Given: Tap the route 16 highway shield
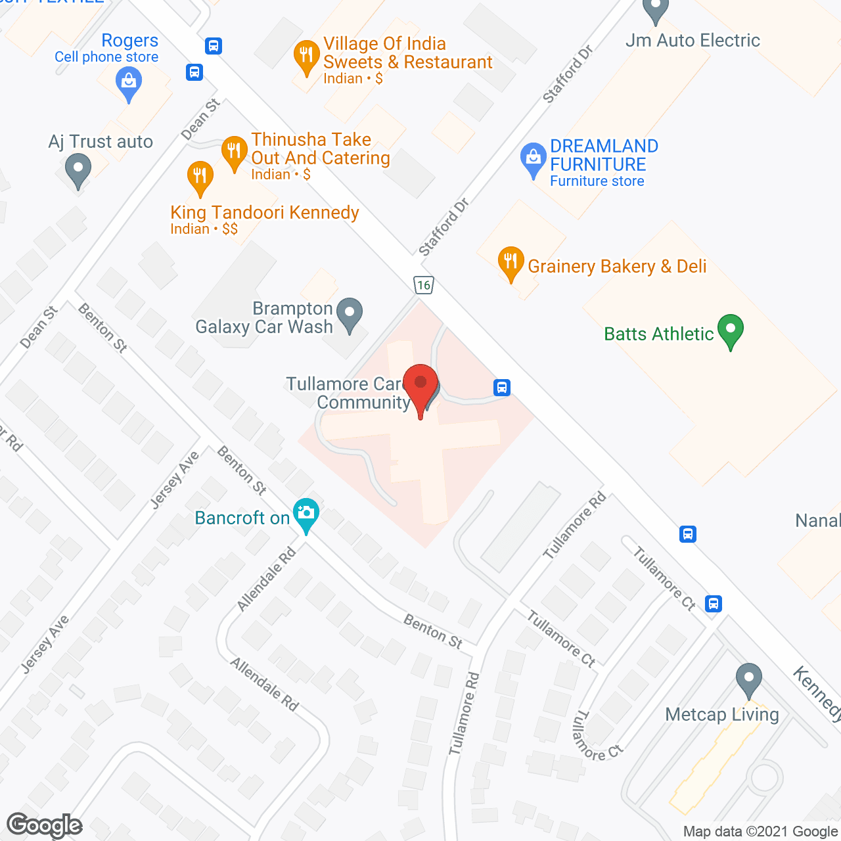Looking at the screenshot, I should [424, 285].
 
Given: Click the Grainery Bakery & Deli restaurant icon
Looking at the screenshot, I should [511, 263].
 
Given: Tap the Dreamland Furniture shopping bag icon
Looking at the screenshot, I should [533, 158].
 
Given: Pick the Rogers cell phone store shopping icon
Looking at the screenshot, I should [129, 83].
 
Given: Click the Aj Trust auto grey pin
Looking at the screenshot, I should [78, 169].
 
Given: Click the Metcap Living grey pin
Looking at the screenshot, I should [748, 679].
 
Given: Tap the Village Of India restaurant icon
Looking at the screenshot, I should [306, 57].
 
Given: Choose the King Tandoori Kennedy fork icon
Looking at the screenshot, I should [200, 177].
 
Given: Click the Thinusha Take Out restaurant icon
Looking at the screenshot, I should [234, 152].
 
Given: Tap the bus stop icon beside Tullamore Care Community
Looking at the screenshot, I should [502, 387].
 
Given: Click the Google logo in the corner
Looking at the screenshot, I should [45, 825].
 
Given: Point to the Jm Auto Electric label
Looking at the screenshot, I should [693, 41].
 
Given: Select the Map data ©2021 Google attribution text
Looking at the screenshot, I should [761, 832].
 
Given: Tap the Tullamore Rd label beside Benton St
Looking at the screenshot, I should [464, 713].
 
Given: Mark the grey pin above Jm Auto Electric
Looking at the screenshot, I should [655, 11].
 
